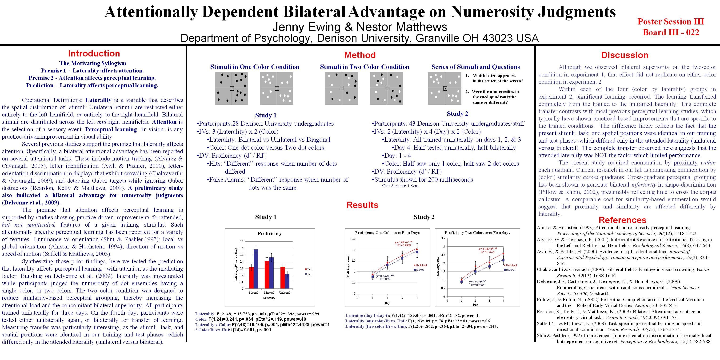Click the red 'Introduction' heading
[94, 53]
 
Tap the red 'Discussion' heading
[625, 55]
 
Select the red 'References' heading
[622, 220]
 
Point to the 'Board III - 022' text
[671, 32]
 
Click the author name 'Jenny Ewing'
[306, 27]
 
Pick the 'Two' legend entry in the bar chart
[309, 274]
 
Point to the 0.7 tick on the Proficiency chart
[241, 241]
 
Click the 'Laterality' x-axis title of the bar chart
[269, 298]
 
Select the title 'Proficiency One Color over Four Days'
[387, 232]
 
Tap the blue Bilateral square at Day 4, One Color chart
[417, 252]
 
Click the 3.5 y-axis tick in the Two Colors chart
[442, 238]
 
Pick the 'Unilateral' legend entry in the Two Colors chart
[511, 265]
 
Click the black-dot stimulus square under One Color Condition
[232, 88]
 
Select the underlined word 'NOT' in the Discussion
[601, 155]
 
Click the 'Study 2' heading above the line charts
[424, 217]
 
